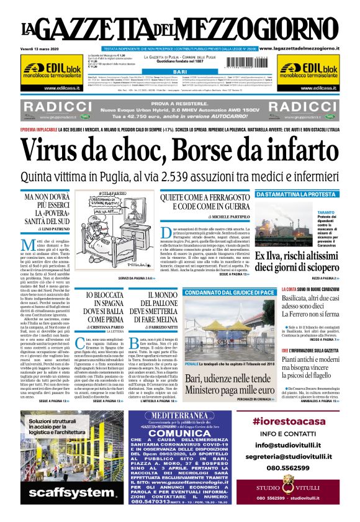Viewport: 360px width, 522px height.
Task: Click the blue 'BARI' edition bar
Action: (180, 73)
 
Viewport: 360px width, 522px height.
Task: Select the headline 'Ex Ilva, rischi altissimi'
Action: (305, 256)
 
